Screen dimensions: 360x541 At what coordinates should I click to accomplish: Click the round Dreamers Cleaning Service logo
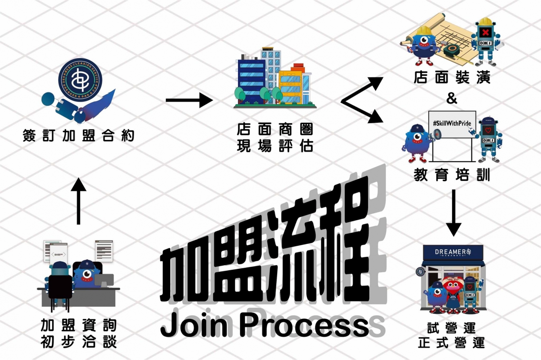click(80, 80)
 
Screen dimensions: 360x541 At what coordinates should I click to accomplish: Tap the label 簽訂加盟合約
click(78, 136)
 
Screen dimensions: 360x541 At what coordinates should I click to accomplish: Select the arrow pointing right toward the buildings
click(189, 100)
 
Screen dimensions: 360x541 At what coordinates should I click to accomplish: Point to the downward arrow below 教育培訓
click(453, 213)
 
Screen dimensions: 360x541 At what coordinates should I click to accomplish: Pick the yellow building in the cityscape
click(290, 86)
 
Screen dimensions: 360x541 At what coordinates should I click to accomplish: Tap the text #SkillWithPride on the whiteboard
click(452, 123)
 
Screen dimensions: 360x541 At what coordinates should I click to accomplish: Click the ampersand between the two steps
click(452, 98)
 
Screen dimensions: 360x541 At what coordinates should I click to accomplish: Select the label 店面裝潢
click(452, 77)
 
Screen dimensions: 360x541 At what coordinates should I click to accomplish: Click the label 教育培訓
click(452, 175)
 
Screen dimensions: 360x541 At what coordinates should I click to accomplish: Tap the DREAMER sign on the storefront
click(453, 252)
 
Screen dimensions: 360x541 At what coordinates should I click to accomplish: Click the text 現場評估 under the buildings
click(275, 146)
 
